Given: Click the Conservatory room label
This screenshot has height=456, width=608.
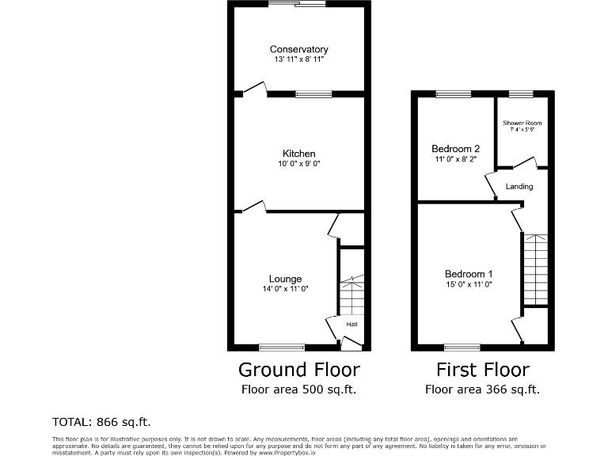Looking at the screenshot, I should point(298,49).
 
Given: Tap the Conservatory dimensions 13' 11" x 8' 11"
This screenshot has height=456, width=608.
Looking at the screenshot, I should point(298,59).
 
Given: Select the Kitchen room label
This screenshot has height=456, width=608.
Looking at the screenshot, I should point(299,154).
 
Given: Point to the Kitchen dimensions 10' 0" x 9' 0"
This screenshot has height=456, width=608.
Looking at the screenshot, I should point(299,164).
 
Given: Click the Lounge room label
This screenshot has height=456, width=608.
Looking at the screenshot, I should point(285,279).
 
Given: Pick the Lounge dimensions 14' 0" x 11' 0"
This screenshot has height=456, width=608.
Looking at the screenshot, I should point(285,289).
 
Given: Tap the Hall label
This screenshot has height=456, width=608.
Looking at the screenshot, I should point(351,325).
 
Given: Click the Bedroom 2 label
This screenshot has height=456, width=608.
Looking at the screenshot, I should point(455,149).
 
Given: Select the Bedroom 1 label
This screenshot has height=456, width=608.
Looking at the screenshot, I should point(469,274).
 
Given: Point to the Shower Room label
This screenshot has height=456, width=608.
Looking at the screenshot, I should point(522,123).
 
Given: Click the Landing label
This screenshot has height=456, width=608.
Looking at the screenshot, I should point(519,187).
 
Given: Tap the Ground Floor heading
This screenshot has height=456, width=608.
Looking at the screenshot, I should point(299,370).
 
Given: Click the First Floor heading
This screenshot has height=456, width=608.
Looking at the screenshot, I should point(483,370).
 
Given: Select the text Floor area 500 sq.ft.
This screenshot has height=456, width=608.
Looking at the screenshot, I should point(299,389).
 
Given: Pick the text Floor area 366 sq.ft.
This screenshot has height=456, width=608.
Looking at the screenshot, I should point(483,389).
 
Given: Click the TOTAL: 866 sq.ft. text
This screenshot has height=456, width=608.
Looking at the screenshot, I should point(101,421).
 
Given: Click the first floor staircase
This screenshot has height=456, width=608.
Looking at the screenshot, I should point(535,269).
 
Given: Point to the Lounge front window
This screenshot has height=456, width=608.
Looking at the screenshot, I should point(281,347).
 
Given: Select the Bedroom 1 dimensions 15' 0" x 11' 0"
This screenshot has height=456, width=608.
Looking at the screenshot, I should point(469,284).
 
